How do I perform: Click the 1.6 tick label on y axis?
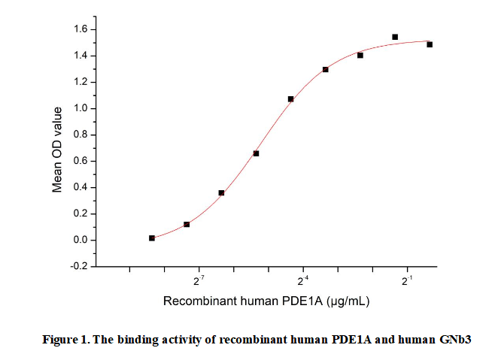(79, 29)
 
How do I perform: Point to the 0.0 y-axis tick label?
(79, 240)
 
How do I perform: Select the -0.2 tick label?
(77, 266)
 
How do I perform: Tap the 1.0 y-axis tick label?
(79, 108)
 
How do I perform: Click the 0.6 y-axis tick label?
(79, 161)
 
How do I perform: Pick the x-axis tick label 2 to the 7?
(199, 283)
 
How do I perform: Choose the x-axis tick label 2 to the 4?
(303, 283)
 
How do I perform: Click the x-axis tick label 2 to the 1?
(407, 283)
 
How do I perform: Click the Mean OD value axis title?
(58, 148)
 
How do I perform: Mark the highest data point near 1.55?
(395, 37)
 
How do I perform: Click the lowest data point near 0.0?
(152, 237)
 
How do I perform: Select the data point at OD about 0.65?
(256, 153)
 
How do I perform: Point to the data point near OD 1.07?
(290, 99)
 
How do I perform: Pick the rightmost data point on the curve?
(430, 44)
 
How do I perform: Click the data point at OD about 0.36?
(221, 192)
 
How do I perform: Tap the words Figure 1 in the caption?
(65, 340)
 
